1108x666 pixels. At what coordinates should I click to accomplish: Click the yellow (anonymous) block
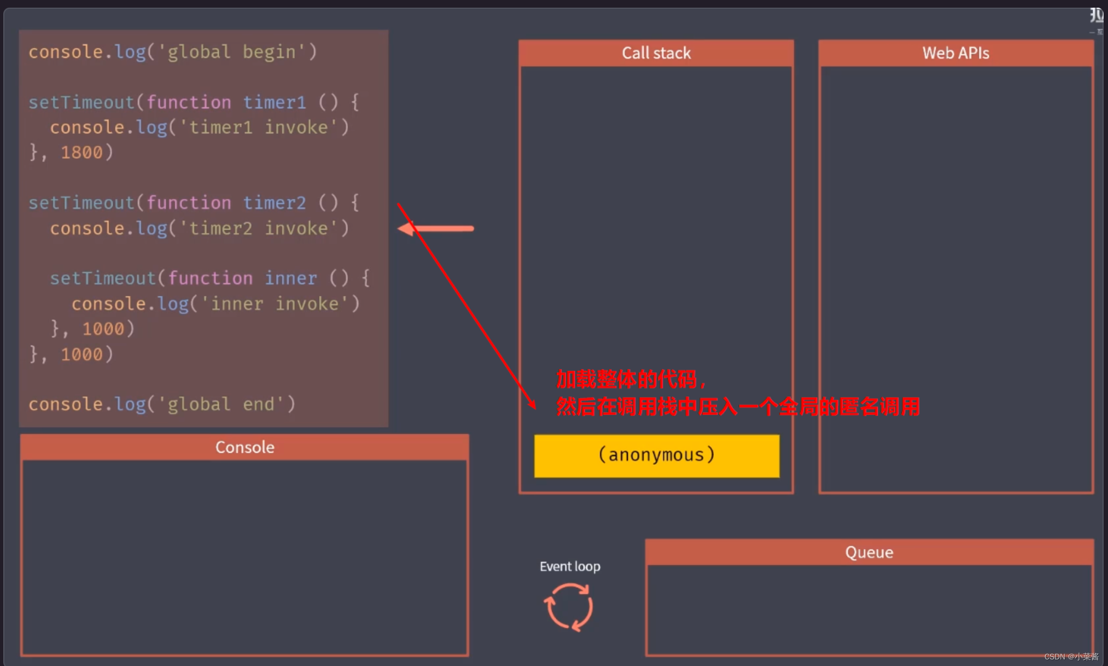coord(656,455)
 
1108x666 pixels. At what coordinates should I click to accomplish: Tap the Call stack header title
coord(656,53)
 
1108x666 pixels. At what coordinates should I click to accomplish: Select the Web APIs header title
coord(955,53)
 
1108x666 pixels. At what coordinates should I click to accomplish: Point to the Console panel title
coord(244,447)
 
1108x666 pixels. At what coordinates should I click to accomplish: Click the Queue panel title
coord(869,552)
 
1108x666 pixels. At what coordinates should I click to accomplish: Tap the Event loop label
coord(570,566)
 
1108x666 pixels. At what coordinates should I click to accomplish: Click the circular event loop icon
coord(569,607)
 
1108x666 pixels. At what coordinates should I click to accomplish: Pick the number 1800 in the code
coord(81,153)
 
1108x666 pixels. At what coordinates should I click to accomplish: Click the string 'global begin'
coord(226,52)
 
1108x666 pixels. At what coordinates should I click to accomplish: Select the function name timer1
coord(275,102)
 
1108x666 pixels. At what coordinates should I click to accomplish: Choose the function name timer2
coord(275,203)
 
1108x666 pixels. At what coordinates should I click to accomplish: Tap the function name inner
coord(291,278)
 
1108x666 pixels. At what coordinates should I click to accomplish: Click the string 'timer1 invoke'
coord(258,127)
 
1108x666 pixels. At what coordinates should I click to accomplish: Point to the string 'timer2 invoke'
coord(258,228)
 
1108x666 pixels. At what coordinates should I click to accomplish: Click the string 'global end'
coord(221,405)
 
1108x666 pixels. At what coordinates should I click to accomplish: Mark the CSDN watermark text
coord(1071,657)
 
